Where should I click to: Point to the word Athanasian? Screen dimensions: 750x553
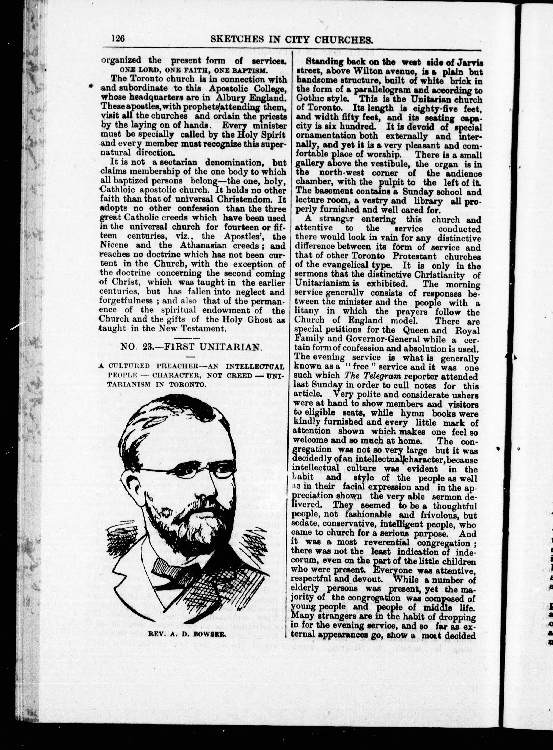coord(210,245)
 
